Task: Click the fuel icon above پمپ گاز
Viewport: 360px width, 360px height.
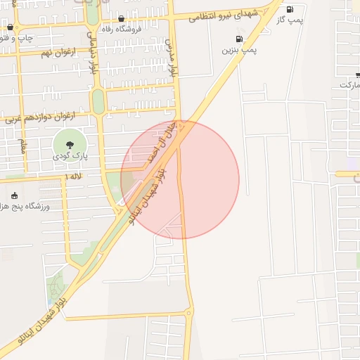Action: click(x=290, y=10)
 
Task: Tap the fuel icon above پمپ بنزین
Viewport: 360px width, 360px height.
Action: click(x=240, y=39)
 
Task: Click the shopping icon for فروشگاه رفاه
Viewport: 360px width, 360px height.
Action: click(x=122, y=19)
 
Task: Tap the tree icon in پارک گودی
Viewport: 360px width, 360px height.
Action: click(x=67, y=144)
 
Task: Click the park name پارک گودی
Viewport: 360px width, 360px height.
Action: click(x=67, y=156)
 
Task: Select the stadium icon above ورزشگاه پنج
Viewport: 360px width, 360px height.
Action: click(x=15, y=195)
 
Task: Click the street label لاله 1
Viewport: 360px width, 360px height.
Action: click(x=73, y=175)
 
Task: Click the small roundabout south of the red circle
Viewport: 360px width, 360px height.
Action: click(x=188, y=312)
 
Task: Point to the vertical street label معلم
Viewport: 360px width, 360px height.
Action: click(x=22, y=146)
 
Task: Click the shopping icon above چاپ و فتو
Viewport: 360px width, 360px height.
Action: click(x=10, y=27)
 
